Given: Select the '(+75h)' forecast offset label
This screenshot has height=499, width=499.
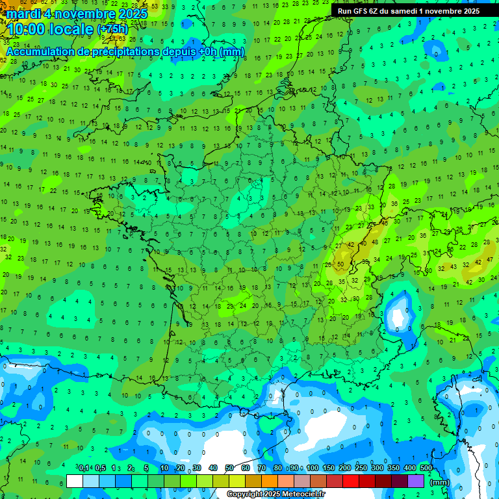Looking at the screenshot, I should [x=113, y=29].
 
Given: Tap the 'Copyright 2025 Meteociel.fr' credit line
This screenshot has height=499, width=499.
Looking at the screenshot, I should [x=276, y=494].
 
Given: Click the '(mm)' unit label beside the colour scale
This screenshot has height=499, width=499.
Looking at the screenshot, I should [x=440, y=482].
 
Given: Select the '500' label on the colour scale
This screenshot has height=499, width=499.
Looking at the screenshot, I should [x=426, y=468].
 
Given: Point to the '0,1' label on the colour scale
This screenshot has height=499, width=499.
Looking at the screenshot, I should [x=84, y=468].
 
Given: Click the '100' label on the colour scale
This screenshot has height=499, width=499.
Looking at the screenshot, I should [x=313, y=468].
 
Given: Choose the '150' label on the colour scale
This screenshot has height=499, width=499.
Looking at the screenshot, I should [x=329, y=468].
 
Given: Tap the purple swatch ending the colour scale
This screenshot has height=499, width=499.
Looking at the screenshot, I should [x=416, y=481].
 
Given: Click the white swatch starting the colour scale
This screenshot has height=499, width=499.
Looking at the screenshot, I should [x=75, y=481].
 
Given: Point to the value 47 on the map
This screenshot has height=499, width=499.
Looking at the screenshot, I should [x=489, y=259].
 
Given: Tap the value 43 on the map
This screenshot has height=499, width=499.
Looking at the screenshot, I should [x=454, y=267].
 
